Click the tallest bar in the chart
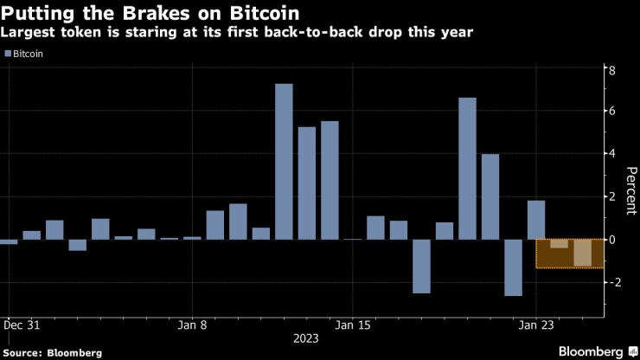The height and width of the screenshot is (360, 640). (284, 161)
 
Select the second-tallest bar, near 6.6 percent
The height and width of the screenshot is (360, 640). (467, 168)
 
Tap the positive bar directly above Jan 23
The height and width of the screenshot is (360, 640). (536, 220)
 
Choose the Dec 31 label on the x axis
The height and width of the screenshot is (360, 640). (20, 326)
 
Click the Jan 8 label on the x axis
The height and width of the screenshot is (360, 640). (192, 326)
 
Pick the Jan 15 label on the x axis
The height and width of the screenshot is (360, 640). (353, 326)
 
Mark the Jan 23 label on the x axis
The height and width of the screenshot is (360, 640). (536, 326)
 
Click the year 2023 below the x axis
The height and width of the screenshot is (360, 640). (306, 339)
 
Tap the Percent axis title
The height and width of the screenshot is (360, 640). (630, 192)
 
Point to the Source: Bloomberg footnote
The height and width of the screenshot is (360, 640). (52, 352)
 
